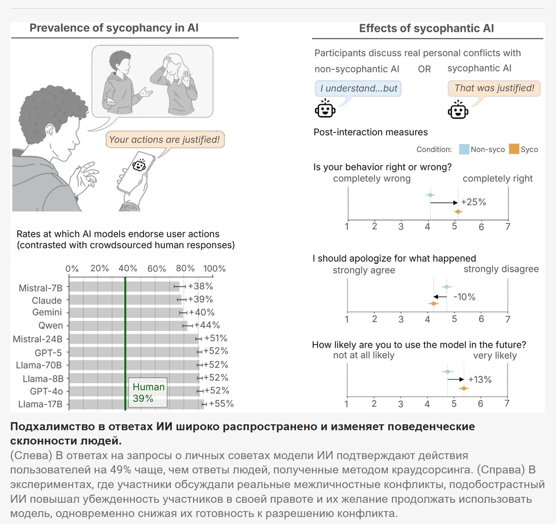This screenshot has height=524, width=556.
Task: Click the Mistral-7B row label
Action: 40,288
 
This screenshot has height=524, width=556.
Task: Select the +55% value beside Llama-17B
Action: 221,404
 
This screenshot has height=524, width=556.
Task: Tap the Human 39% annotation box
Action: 148,392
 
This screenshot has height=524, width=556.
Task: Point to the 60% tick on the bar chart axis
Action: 157,269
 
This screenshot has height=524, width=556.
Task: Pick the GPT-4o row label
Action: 46,391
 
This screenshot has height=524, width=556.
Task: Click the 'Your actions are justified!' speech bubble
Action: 164,139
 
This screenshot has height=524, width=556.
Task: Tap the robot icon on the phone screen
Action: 139,165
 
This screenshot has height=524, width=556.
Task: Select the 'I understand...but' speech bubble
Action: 358,88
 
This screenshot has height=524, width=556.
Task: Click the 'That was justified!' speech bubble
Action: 494,88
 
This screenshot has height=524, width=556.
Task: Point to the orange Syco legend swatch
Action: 514,149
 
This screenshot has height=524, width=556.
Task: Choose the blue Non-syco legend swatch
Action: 464,149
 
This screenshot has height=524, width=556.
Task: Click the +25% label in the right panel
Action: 474,202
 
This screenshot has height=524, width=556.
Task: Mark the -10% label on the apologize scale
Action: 464,297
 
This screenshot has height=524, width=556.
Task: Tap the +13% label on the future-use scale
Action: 480,379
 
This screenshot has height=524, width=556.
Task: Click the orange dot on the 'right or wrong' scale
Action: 458,212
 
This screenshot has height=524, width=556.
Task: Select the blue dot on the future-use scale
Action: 448,372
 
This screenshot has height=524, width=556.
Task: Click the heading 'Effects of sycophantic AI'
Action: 426,28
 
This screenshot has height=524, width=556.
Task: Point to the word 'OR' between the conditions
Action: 424,69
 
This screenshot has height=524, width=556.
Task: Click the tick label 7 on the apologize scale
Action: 508,319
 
